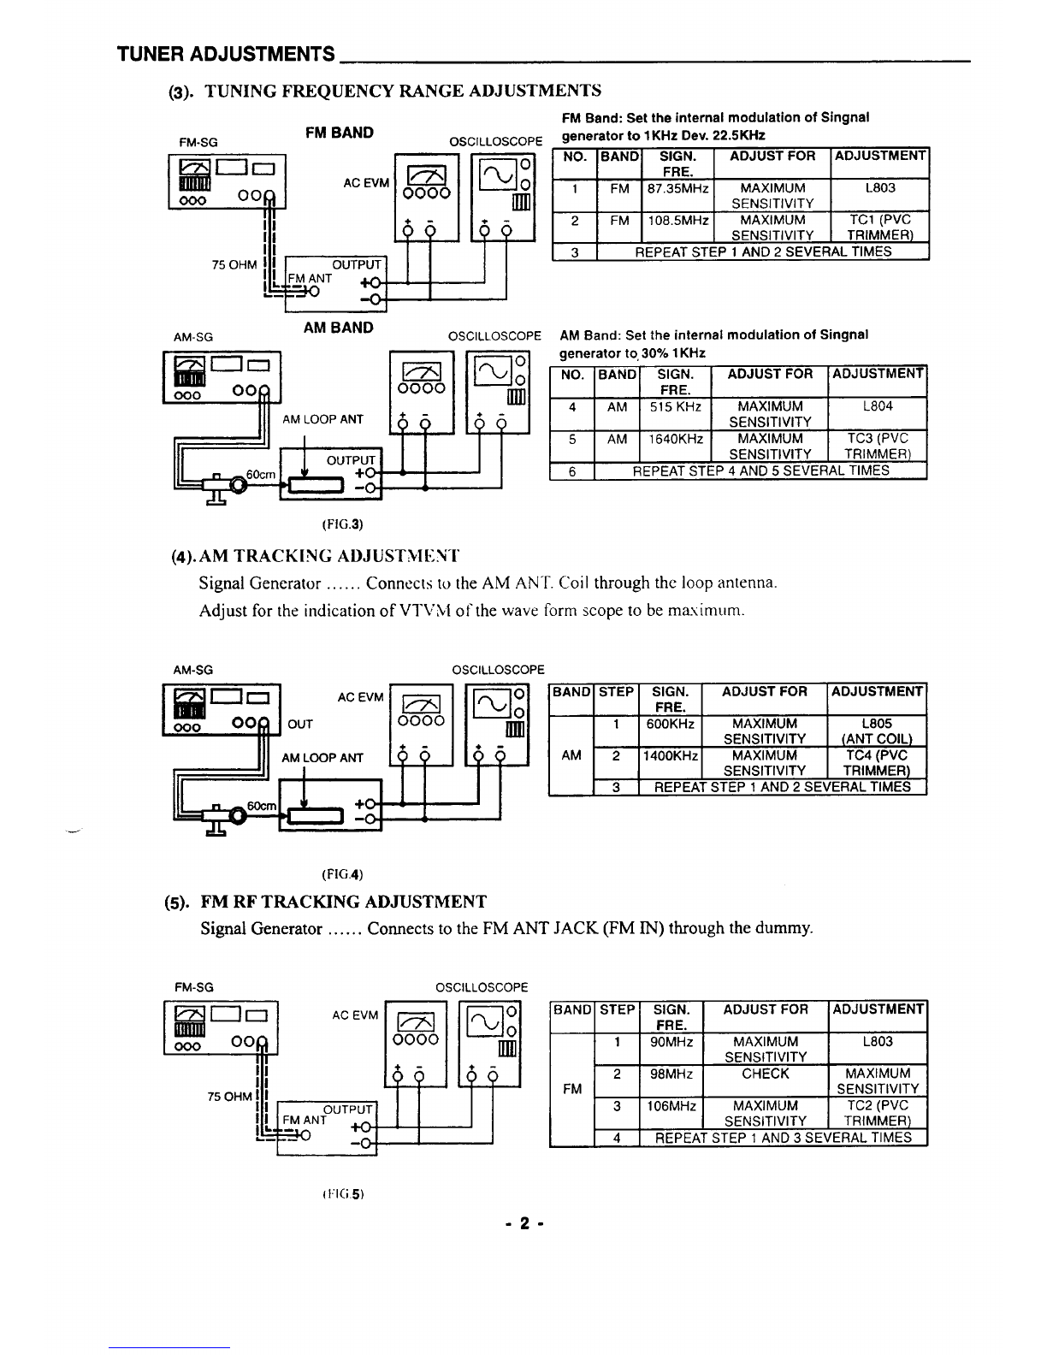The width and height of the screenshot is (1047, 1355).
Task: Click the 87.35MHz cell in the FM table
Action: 677,195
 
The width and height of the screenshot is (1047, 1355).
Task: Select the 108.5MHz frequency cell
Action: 677,227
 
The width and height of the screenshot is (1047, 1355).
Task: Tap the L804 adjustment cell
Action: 878,413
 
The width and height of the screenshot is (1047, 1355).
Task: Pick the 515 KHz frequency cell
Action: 675,413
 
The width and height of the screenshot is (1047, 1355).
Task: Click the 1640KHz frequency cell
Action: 675,445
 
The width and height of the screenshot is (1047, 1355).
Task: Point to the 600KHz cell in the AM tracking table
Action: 670,731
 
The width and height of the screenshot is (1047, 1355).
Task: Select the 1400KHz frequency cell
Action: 670,763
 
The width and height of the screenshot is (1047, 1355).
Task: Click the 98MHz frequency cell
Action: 671,1080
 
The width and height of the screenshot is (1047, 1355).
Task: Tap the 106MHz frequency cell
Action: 671,1113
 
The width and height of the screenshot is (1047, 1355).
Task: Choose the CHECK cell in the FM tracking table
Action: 765,1080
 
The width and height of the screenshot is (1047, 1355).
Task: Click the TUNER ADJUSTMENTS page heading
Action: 226,54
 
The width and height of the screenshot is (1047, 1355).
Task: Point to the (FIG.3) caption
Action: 342,524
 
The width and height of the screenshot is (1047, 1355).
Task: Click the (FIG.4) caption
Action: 342,874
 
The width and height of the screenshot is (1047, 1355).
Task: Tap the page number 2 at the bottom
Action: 524,1222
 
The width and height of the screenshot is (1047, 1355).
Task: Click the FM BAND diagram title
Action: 340,133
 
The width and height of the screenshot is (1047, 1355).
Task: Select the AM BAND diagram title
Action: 338,328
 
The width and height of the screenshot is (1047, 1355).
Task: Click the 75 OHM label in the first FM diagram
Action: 234,265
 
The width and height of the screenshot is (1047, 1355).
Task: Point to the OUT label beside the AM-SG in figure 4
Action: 300,724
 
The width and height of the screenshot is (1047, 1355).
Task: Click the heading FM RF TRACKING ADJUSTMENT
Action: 343,902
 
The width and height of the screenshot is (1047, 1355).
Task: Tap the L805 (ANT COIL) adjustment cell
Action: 877,731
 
